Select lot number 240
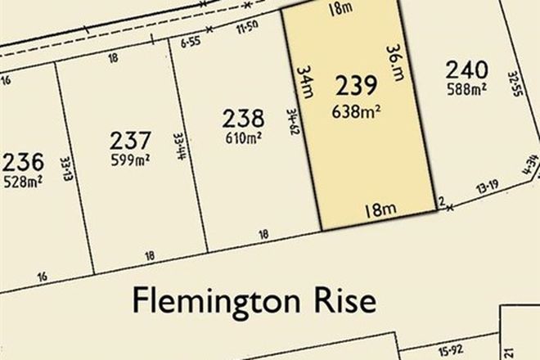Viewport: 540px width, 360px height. pyautogui.click(x=467, y=70)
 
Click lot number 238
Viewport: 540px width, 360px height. pyautogui.click(x=243, y=119)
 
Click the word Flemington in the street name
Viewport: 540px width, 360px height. pyautogui.click(x=209, y=302)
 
